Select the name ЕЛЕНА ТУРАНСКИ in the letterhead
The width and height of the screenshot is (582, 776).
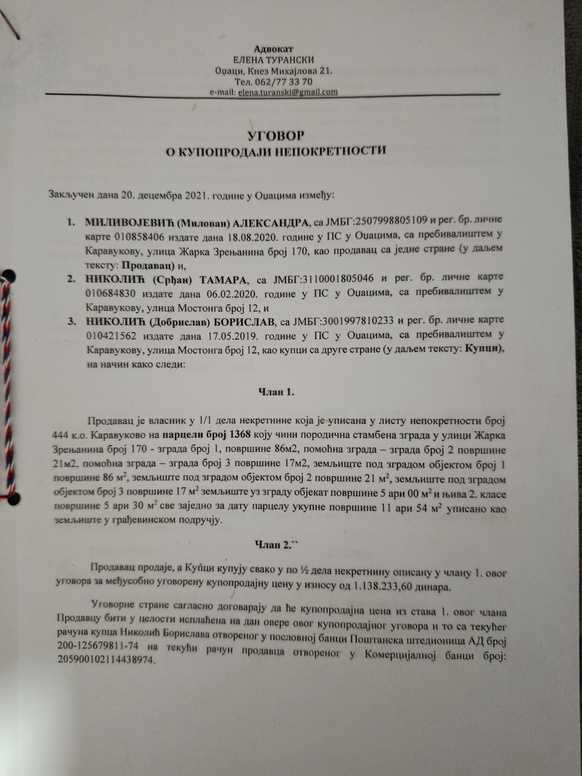click(x=273, y=60)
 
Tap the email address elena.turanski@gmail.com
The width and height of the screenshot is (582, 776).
click(x=288, y=93)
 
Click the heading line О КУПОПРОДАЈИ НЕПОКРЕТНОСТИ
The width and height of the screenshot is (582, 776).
click(x=276, y=151)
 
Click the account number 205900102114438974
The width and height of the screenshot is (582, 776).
click(x=105, y=660)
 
